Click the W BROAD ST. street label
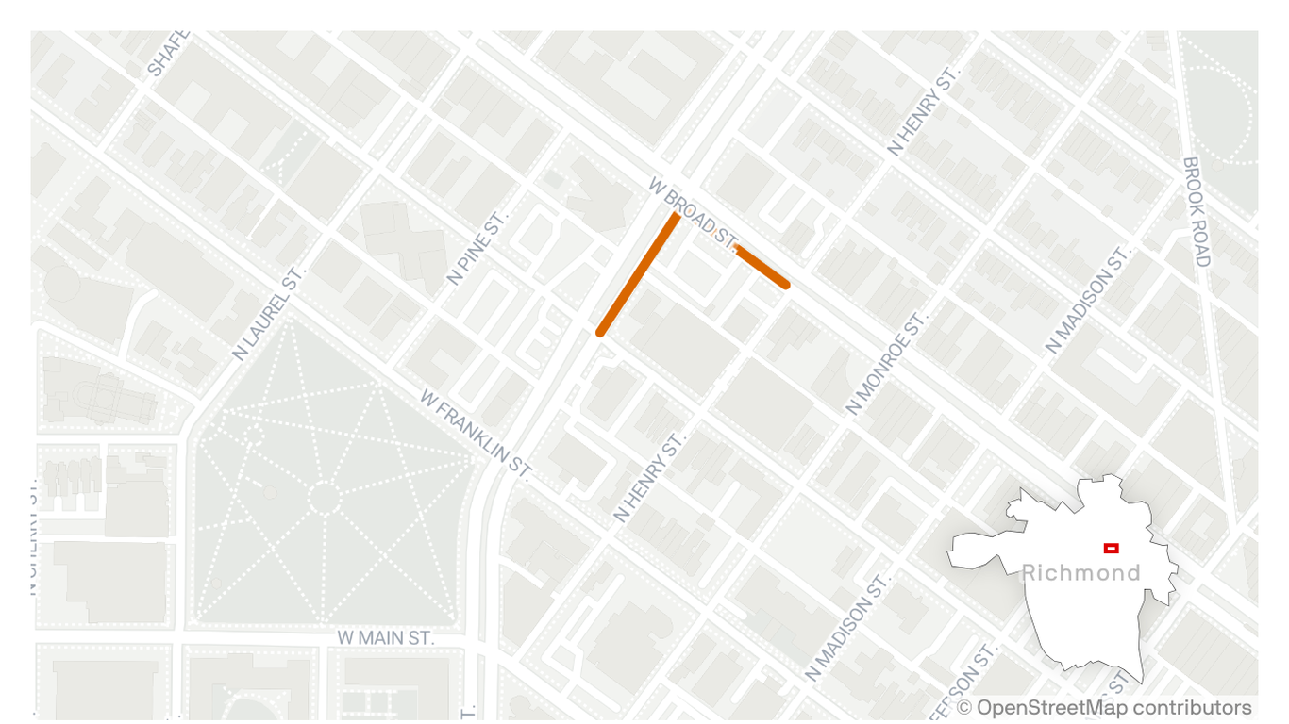click(x=693, y=212)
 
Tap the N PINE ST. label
click(x=477, y=248)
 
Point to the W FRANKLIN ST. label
click(x=477, y=432)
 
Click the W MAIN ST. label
click(x=386, y=638)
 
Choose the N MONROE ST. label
click(x=887, y=364)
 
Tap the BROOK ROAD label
click(x=1196, y=212)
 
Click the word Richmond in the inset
click(x=1080, y=572)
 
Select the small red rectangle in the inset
click(x=1111, y=548)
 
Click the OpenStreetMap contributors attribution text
click(x=1114, y=707)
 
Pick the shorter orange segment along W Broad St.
click(x=761, y=266)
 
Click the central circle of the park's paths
click(x=323, y=498)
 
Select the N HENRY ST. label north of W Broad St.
click(x=923, y=111)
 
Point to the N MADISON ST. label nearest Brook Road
click(x=1087, y=301)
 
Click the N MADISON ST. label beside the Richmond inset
click(x=848, y=628)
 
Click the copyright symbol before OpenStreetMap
click(x=963, y=708)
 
